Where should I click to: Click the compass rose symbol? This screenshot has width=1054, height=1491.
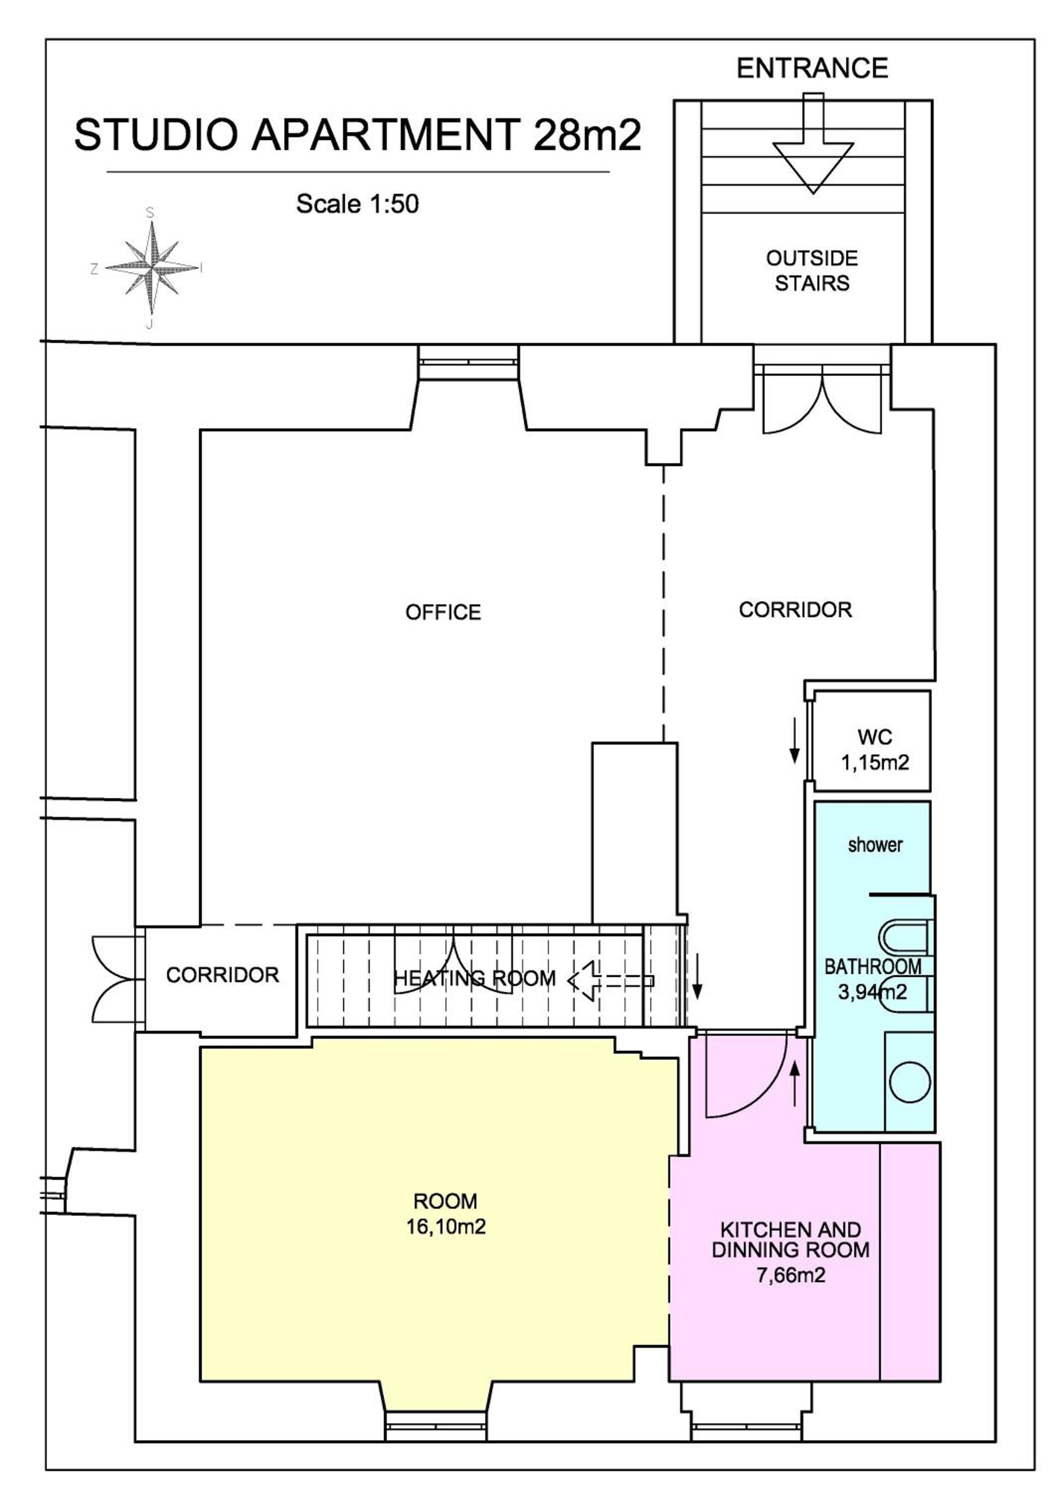click(x=152, y=267)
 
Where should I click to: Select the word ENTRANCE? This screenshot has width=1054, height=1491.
click(x=812, y=68)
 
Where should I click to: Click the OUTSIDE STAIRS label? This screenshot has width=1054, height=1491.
click(x=812, y=271)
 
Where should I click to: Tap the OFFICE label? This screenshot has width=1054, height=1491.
click(x=443, y=612)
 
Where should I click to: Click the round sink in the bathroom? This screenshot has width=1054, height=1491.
click(x=909, y=1082)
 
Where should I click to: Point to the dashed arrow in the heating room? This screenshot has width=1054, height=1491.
click(x=611, y=981)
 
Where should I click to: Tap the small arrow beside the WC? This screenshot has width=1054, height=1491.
click(x=794, y=741)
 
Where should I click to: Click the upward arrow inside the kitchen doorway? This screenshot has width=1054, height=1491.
click(x=794, y=1082)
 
